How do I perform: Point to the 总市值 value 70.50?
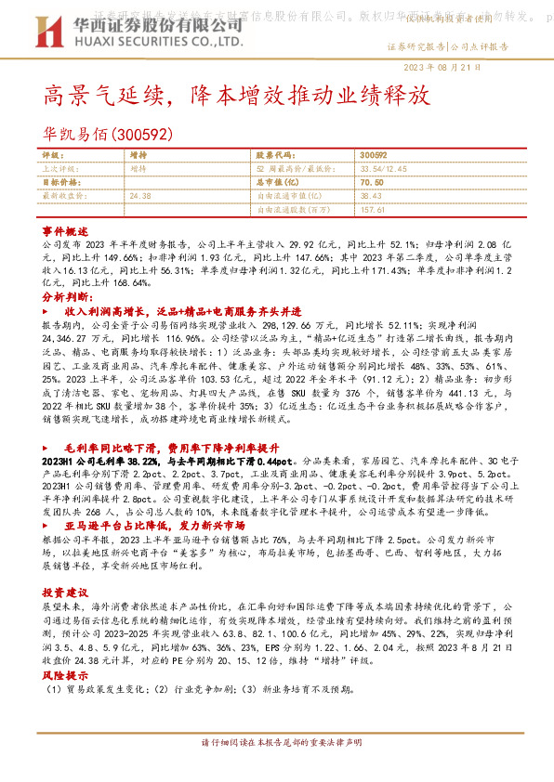pos(371,183)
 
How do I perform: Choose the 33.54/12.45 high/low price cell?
pos(384,169)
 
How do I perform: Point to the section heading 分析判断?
pos(64,294)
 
